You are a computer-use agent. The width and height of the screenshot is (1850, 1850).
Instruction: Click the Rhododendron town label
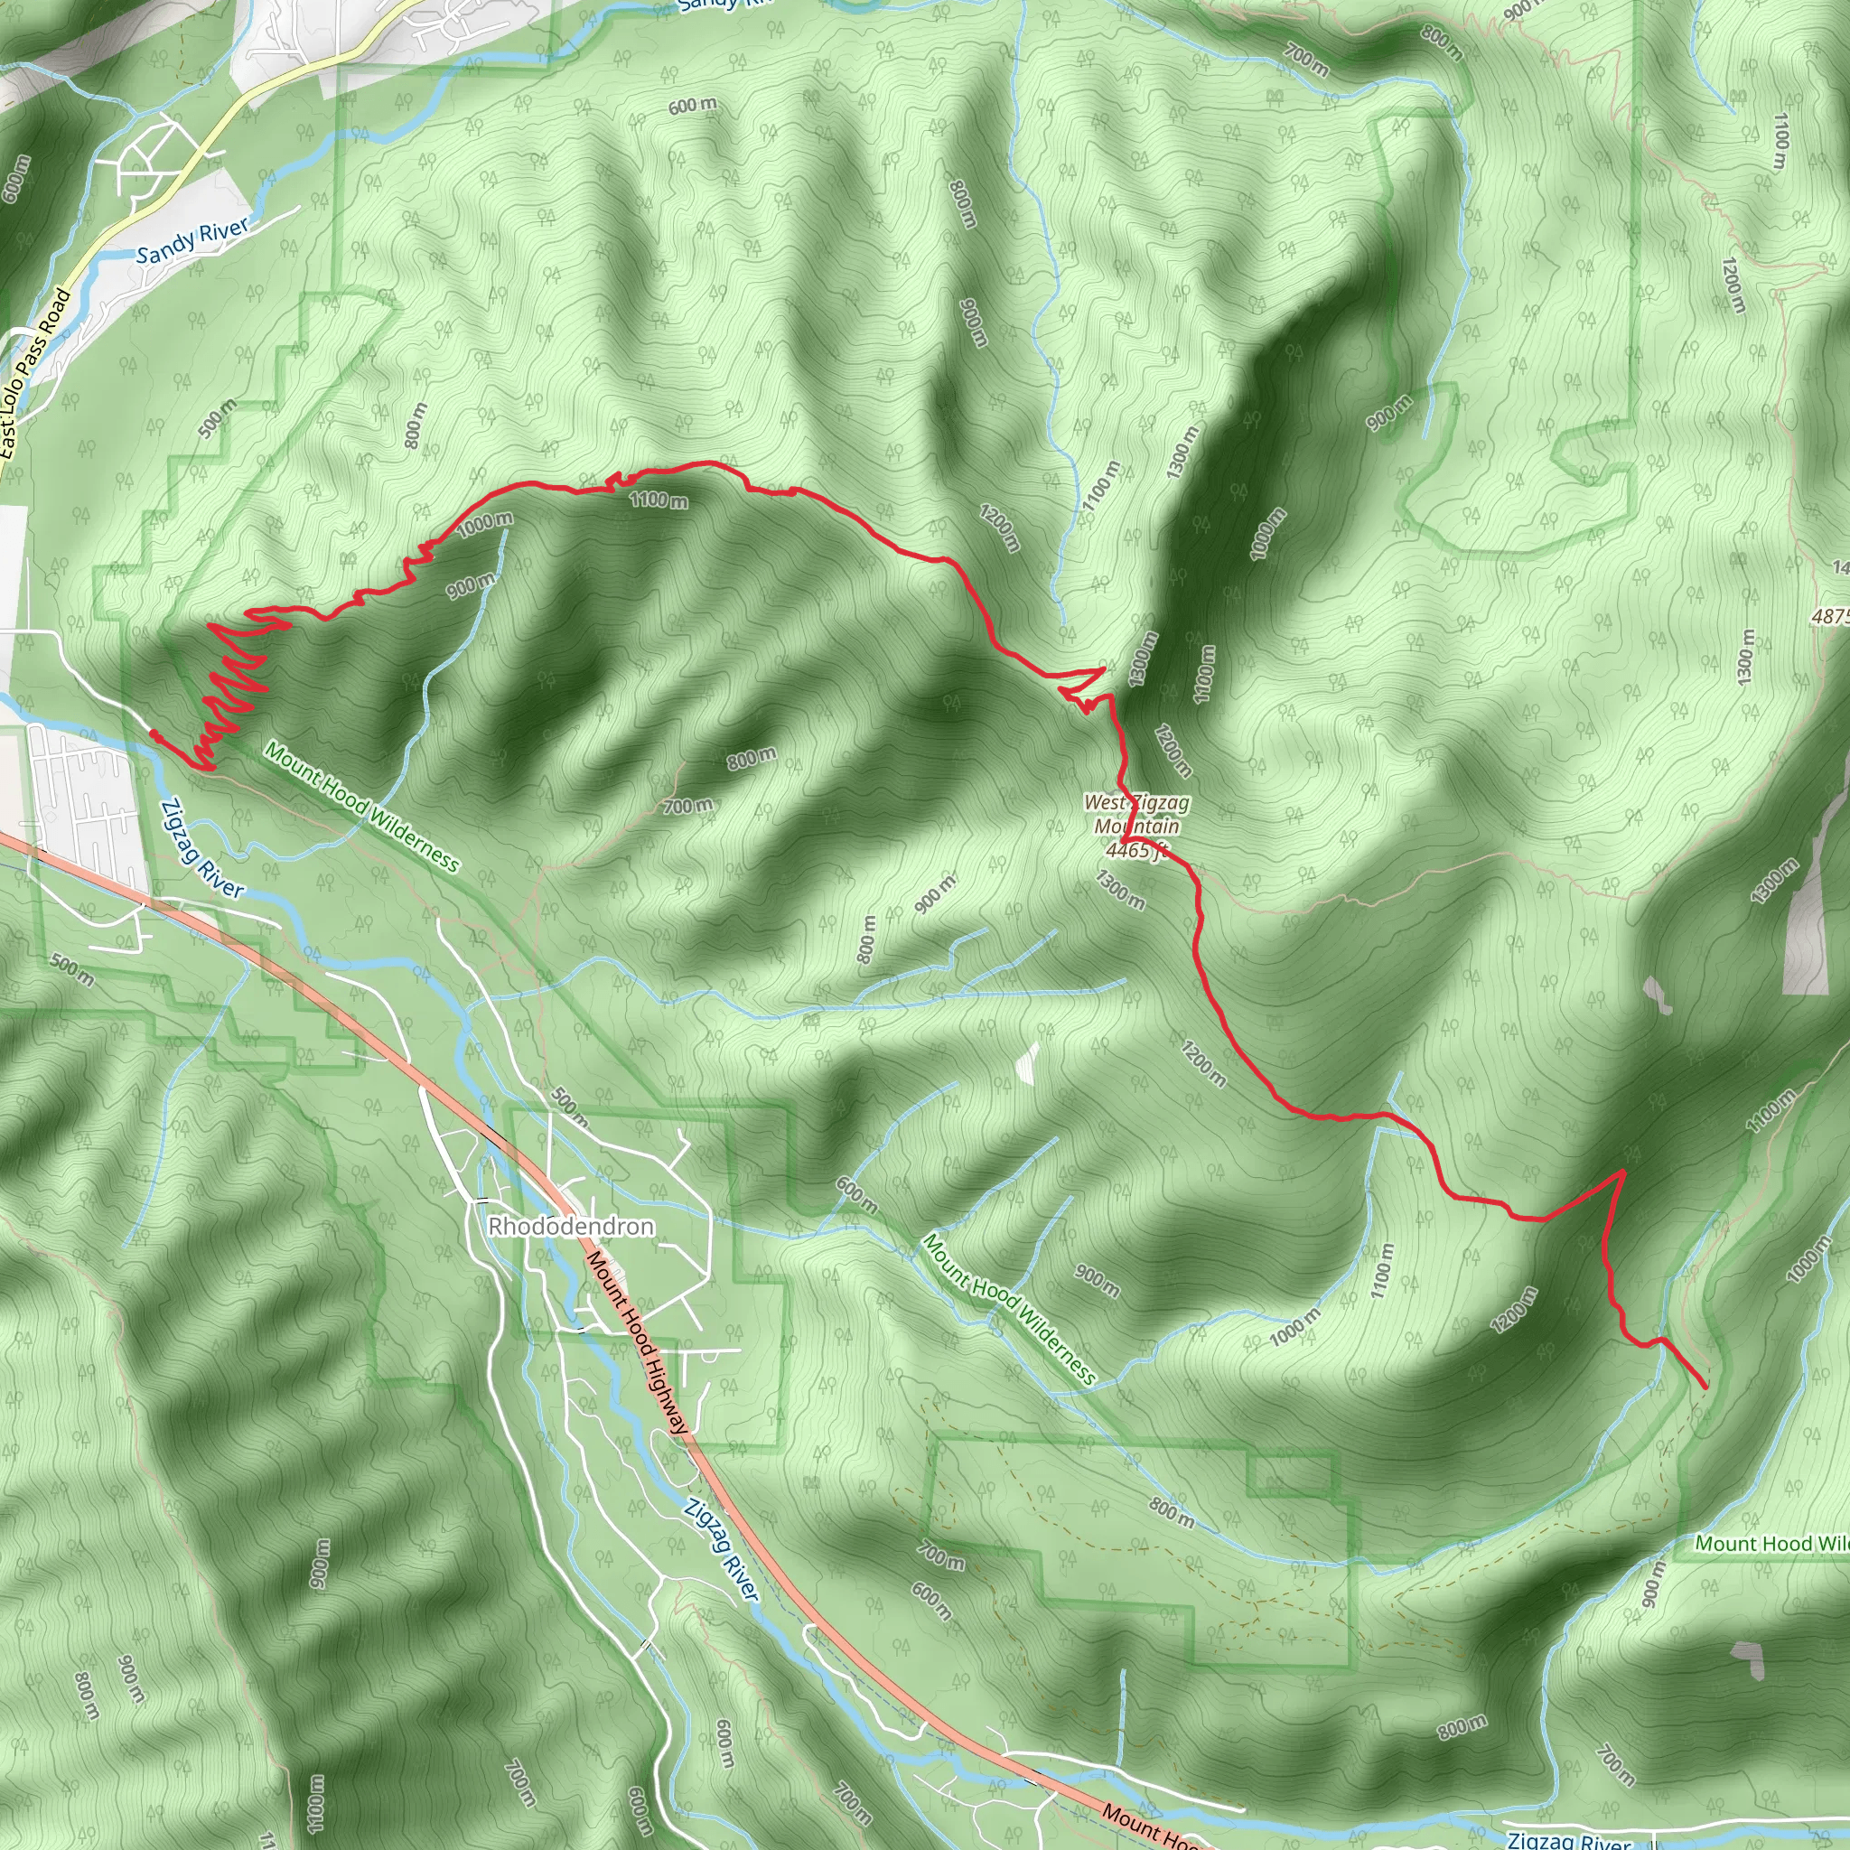coord(571,1227)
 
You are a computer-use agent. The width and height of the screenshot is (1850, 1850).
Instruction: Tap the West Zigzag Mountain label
coord(1136,814)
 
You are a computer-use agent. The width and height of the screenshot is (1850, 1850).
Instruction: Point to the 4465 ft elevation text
coord(1136,850)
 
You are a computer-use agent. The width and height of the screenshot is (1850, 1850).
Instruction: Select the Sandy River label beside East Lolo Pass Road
coord(192,240)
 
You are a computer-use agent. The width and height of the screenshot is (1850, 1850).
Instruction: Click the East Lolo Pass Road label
coord(35,373)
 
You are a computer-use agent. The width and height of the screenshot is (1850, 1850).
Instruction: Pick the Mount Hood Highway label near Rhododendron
coord(638,1341)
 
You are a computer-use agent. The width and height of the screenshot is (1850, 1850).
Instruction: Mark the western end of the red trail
coord(154,733)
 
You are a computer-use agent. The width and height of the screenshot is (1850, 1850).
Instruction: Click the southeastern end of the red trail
coord(1705,1387)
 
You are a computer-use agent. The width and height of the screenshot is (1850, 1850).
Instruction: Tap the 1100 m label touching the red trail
coord(659,500)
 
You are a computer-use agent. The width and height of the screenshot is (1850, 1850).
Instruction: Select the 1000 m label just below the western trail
coord(485,523)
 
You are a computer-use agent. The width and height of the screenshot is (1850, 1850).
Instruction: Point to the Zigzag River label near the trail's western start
coord(201,849)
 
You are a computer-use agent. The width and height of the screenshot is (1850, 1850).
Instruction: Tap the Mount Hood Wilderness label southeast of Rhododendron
coord(1008,1310)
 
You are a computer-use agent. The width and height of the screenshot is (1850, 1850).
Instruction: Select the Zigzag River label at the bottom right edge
coord(1568,1839)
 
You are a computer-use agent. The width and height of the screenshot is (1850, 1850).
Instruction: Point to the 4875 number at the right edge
coord(1831,618)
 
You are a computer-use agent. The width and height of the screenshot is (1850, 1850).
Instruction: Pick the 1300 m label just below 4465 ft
coord(1120,890)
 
